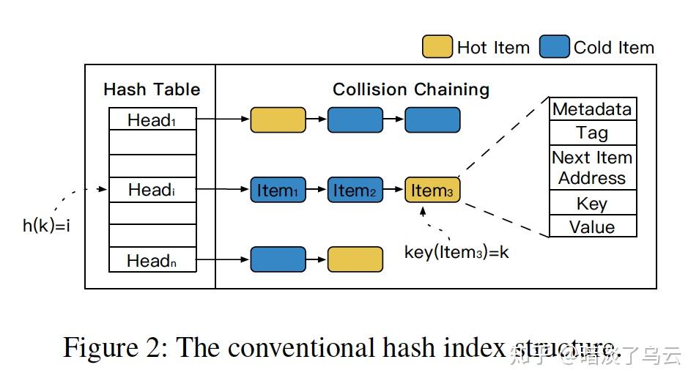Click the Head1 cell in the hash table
coord(152,119)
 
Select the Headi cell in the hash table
coord(152,190)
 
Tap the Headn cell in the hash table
coord(152,259)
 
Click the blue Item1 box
coord(278,190)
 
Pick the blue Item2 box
coord(355,190)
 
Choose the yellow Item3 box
coord(432,190)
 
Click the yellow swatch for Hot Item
coord(437,47)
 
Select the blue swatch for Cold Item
coord(554,47)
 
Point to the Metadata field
coord(593,108)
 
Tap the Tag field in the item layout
coord(593,133)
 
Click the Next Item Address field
coord(593,168)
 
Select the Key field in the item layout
coord(593,203)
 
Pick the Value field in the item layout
coord(593,226)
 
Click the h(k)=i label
coord(46,226)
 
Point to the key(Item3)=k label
coord(456,252)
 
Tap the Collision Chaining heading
coord(411,89)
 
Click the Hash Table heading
coord(152,89)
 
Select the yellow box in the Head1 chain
coord(278,120)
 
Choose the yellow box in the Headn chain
coord(355,259)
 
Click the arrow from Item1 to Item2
coord(317,189)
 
